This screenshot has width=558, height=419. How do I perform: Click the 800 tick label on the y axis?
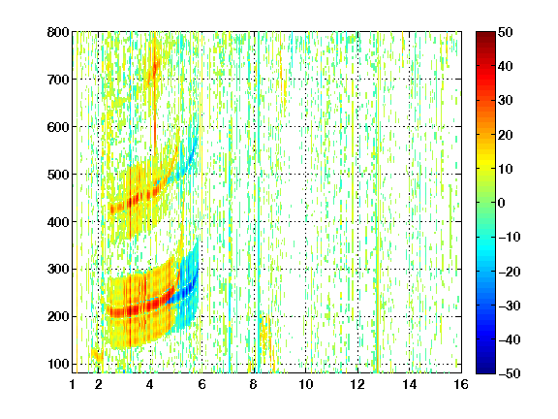tap(58, 32)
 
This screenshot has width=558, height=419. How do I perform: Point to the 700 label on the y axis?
tap(58, 80)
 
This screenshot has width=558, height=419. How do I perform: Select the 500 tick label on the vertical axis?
tap(58, 175)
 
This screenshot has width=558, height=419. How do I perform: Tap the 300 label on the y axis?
tap(58, 270)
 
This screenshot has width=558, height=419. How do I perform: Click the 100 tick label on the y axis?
tap(58, 364)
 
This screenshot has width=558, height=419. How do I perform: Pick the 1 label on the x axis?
tap(73, 384)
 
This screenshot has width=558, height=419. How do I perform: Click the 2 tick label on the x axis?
tap(99, 384)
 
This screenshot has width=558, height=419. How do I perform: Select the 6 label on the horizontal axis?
tap(201, 384)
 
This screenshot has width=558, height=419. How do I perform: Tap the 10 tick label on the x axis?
tap(305, 384)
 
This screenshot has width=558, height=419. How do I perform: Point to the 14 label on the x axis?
tap(409, 384)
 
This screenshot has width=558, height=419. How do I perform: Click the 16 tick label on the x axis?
tap(461, 384)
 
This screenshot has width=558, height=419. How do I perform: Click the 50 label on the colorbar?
tap(505, 32)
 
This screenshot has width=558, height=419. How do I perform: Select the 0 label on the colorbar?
tap(502, 203)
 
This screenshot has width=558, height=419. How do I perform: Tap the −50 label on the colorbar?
tap(510, 373)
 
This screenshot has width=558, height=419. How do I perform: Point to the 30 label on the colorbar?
tap(505, 101)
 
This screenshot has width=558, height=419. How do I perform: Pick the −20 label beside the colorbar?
tap(510, 272)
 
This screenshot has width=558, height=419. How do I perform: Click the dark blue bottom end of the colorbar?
tap(485, 371)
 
